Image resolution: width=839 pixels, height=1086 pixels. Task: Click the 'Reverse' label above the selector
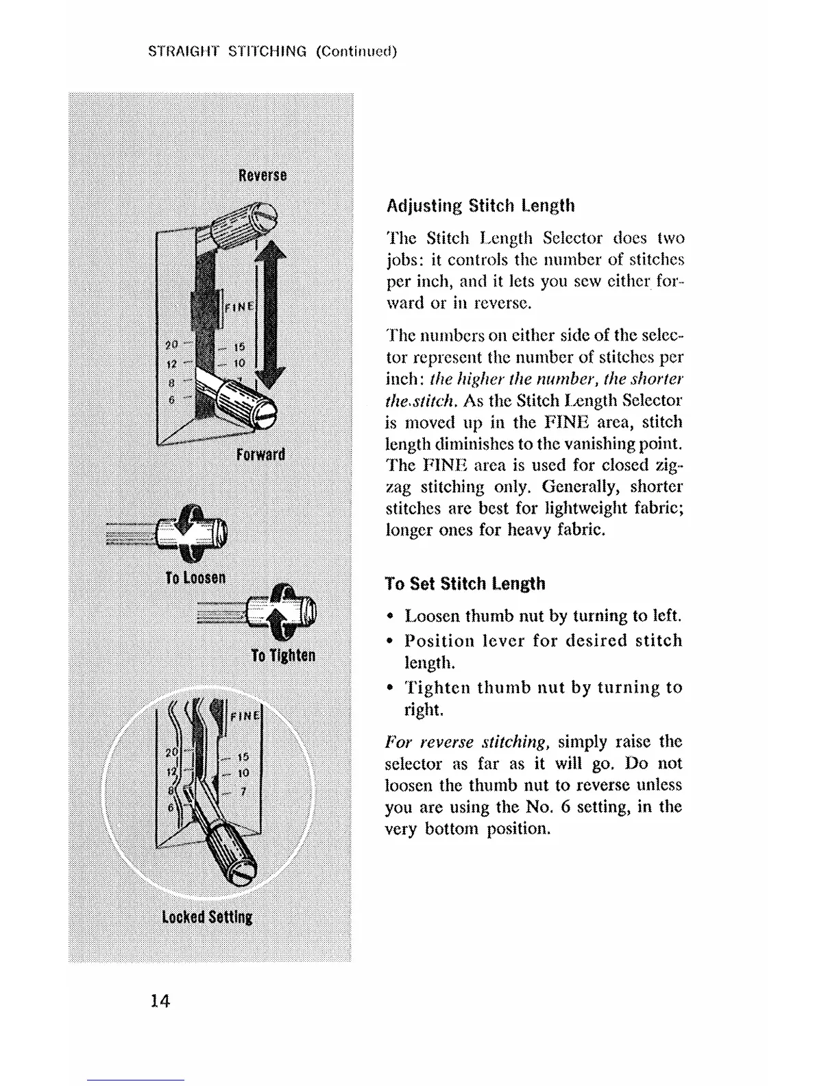coord(263,176)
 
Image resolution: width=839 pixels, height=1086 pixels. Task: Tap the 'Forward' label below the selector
coord(260,455)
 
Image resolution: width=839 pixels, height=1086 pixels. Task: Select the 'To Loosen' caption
coord(195,577)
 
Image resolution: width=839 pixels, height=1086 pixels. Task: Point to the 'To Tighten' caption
coord(283,655)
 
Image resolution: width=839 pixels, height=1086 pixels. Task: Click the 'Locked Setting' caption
coord(207,917)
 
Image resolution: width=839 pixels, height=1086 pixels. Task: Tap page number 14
coord(160,1001)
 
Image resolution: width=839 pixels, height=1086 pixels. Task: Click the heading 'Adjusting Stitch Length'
coord(481,206)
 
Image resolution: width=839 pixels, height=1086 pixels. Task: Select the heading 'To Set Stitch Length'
coord(465,583)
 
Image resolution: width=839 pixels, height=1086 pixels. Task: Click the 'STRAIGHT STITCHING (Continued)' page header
coord(273,51)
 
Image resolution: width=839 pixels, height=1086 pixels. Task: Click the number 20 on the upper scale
coord(171,344)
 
